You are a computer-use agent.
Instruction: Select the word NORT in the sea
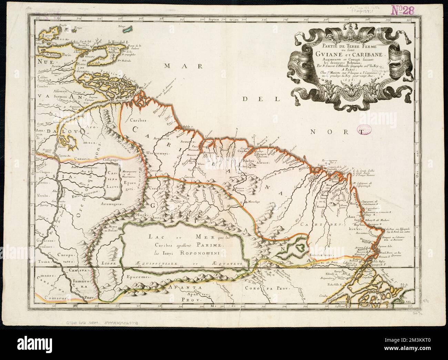[338, 131]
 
